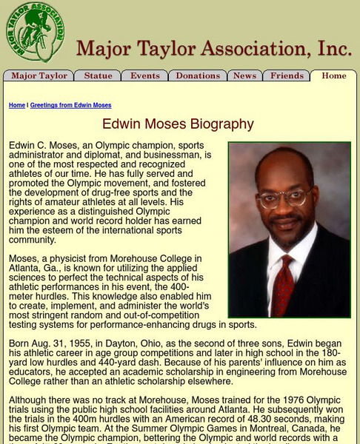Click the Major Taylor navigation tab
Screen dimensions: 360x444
39,76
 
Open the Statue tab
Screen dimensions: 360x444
98,76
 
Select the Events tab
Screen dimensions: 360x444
145,76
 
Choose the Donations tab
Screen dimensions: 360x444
198,76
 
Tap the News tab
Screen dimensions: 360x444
244,76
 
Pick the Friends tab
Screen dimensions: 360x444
287,76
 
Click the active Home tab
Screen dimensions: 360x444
333,76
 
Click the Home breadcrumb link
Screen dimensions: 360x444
17,106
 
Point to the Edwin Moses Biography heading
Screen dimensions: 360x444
178,124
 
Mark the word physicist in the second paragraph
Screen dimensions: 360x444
75,258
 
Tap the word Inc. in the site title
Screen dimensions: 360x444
335,49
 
